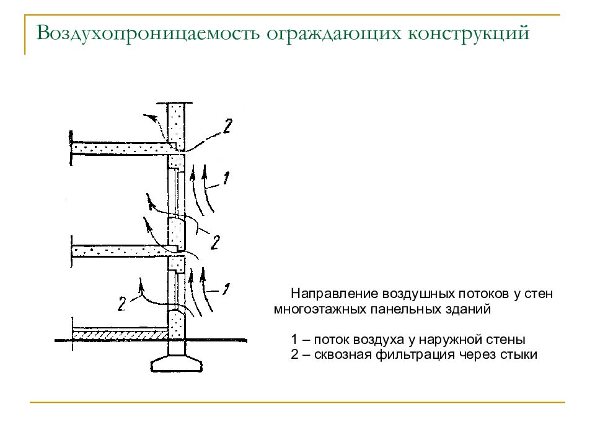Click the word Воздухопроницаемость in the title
pos(148,34)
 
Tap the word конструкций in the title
pos(469,34)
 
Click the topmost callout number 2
pos(227,126)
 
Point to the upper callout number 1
pos(226,178)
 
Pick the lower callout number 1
pos(227,289)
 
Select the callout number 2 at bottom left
pos(122,304)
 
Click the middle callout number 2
pos(215,242)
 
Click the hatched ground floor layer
pos(120,335)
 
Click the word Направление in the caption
pos(335,294)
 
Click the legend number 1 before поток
pos(294,339)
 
